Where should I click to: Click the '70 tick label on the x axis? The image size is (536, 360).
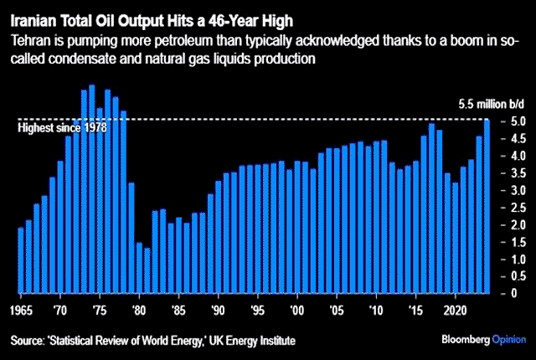(x=59, y=308)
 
